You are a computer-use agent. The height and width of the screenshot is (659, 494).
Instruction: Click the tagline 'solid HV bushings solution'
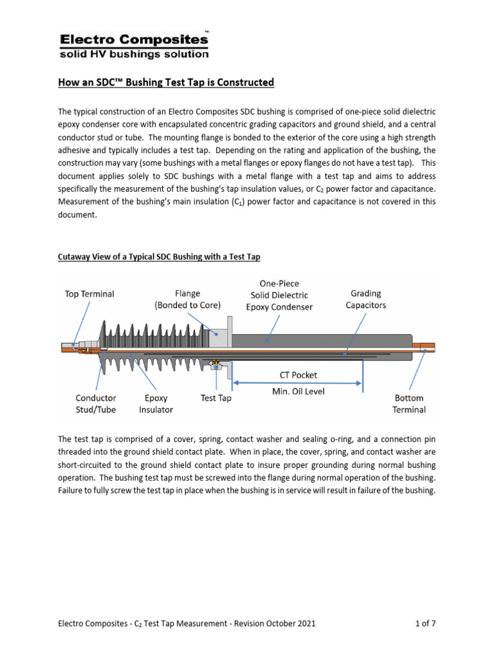[x=134, y=54]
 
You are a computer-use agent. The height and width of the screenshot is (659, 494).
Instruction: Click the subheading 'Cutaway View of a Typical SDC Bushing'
[x=159, y=257]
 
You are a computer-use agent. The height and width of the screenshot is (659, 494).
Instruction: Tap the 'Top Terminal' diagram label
[x=89, y=294]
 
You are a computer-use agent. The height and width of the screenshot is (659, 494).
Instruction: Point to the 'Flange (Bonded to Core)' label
[x=188, y=299]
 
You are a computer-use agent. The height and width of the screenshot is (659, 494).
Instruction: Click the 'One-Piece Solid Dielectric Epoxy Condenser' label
[x=279, y=295]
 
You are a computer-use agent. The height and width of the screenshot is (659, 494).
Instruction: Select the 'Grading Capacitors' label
[x=366, y=299]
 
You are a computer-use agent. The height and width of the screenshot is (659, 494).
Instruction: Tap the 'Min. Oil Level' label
[x=297, y=391]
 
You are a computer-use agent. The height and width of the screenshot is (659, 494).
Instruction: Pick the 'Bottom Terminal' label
[x=409, y=404]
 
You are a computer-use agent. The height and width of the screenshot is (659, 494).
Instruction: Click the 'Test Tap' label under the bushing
[x=215, y=398]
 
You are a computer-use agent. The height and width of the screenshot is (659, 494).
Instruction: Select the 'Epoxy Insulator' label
[x=156, y=404]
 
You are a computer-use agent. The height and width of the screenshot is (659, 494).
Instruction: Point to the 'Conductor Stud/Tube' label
[x=95, y=404]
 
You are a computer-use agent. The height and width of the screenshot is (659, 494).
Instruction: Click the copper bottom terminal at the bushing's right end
[x=424, y=348]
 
